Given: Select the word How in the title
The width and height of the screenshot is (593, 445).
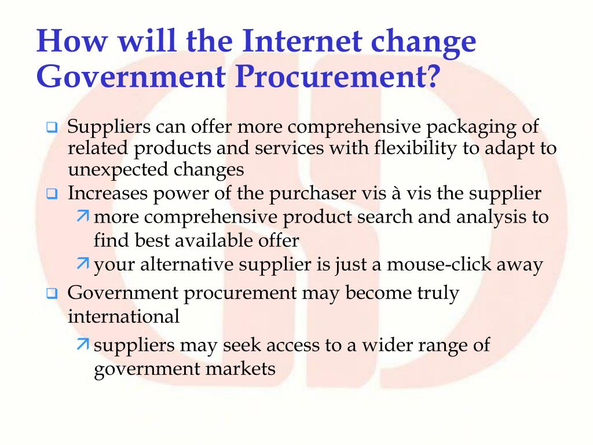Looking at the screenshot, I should (x=65, y=42).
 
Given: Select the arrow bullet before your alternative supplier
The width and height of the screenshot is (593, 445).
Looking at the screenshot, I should (x=82, y=265).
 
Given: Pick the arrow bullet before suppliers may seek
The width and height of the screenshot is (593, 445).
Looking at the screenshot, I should (x=82, y=345).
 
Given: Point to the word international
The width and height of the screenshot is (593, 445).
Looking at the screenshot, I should (x=123, y=316).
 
